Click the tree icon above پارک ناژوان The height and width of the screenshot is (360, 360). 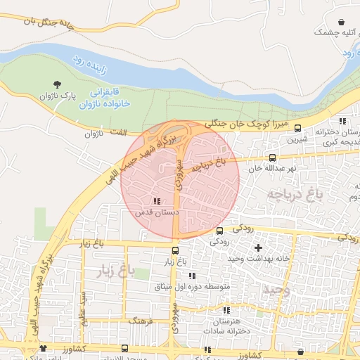(57, 84)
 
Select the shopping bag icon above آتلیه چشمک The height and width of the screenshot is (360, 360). (341, 22)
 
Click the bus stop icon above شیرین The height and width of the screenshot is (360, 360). (298, 128)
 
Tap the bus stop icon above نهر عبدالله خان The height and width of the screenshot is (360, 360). (273, 158)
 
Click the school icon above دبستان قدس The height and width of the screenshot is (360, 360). (155, 201)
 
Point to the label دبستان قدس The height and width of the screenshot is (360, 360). (154, 211)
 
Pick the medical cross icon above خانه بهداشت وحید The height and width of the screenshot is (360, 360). (258, 247)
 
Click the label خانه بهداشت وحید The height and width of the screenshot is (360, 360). (254, 259)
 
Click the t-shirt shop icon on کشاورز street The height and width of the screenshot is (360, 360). (44, 348)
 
